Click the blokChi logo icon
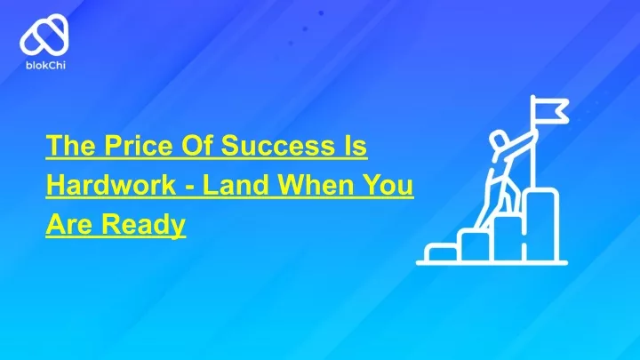[44, 35]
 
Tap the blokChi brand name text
[45, 65]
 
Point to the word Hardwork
[111, 185]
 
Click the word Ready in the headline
[143, 224]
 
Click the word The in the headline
[71, 145]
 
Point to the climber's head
[499, 141]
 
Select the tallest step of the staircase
[541, 225]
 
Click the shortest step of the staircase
[442, 252]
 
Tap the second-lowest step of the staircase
[475, 245]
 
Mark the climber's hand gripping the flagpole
[533, 133]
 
